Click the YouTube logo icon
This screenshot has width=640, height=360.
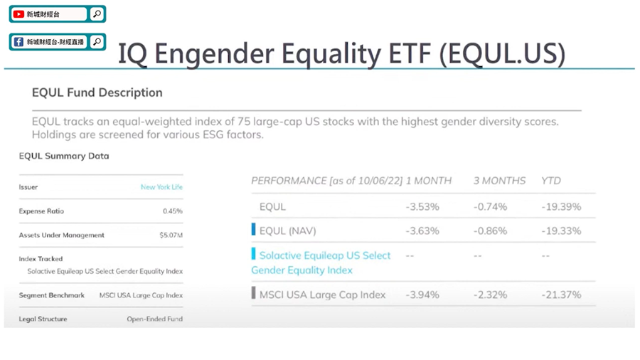tap(18, 14)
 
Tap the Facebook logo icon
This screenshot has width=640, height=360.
tap(18, 42)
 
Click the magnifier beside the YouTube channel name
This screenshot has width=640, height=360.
tap(97, 14)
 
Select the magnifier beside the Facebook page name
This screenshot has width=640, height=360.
tap(97, 42)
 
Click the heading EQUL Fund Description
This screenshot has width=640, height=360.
tap(97, 92)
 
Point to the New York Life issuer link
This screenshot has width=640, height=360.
tap(161, 187)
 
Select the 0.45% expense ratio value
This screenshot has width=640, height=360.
tap(173, 211)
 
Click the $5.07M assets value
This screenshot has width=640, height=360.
tap(171, 235)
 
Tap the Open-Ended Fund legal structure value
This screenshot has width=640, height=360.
tap(155, 319)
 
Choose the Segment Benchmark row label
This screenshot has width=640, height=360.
tap(51, 295)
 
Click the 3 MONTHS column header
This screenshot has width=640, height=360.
tap(500, 181)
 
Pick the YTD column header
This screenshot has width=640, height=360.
tap(551, 181)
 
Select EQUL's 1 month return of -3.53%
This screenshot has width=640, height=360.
tap(422, 207)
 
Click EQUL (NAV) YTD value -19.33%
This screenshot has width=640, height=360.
tap(561, 231)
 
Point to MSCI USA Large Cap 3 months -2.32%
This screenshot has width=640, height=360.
tap(490, 295)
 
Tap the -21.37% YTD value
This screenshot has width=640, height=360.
tap(561, 295)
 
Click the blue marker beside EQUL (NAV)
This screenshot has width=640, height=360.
tap(253, 229)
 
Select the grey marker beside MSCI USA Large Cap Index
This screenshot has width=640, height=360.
tap(253, 293)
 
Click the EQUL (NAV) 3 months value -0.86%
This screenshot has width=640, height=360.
tap(490, 231)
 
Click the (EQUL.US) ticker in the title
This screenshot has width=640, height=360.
tap(503, 53)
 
